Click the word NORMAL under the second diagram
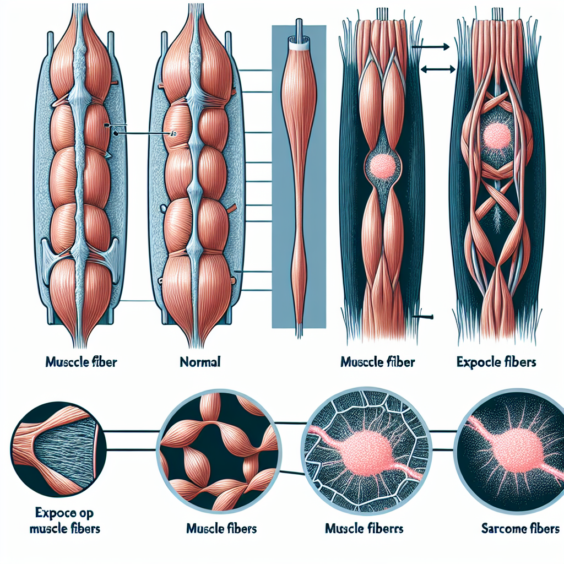tap(200, 362)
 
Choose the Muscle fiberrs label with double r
tap(364, 529)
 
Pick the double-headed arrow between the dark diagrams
tap(438, 69)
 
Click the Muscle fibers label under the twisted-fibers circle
tap(221, 529)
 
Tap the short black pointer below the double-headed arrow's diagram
tap(424, 317)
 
